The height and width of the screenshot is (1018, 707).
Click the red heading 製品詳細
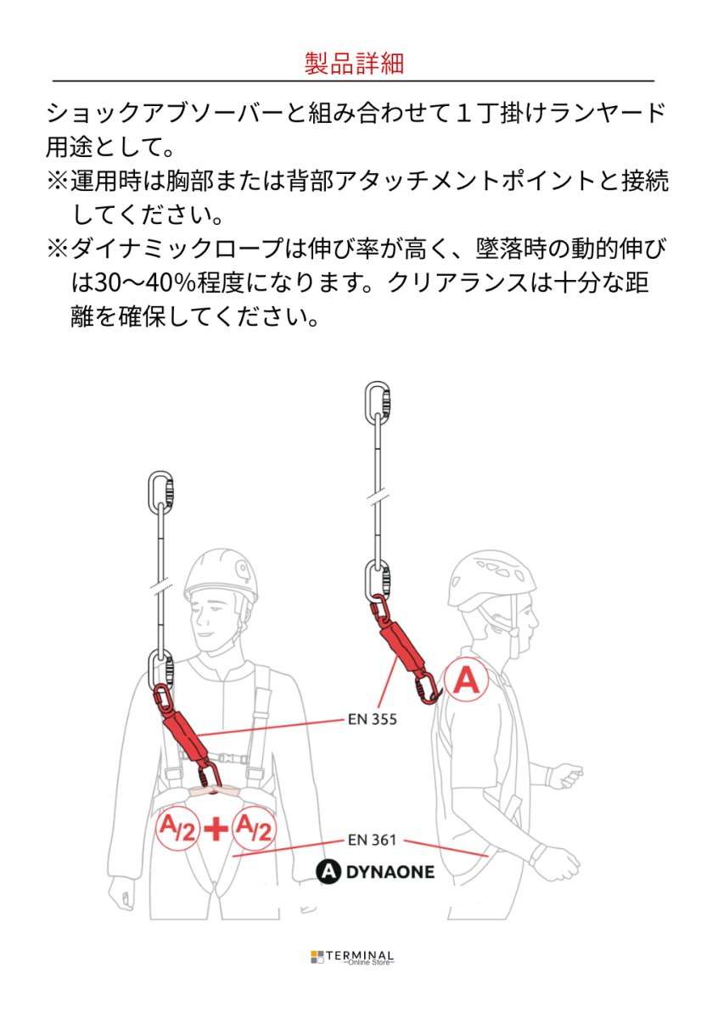[353, 64]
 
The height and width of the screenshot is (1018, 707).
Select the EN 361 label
[372, 840]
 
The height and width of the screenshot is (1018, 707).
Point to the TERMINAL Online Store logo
[352, 957]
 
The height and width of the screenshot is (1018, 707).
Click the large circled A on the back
[465, 680]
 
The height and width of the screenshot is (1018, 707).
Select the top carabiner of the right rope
[377, 404]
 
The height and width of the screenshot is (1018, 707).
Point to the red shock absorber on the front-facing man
[181, 726]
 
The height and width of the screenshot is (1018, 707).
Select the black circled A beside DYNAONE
[327, 871]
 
